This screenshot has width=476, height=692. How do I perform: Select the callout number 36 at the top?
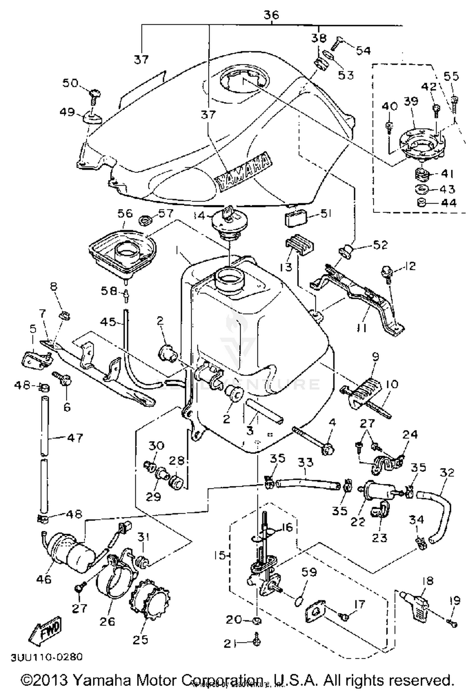(271, 15)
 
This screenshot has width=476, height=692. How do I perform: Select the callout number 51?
(326, 214)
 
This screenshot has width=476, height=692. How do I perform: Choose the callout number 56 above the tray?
(125, 213)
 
